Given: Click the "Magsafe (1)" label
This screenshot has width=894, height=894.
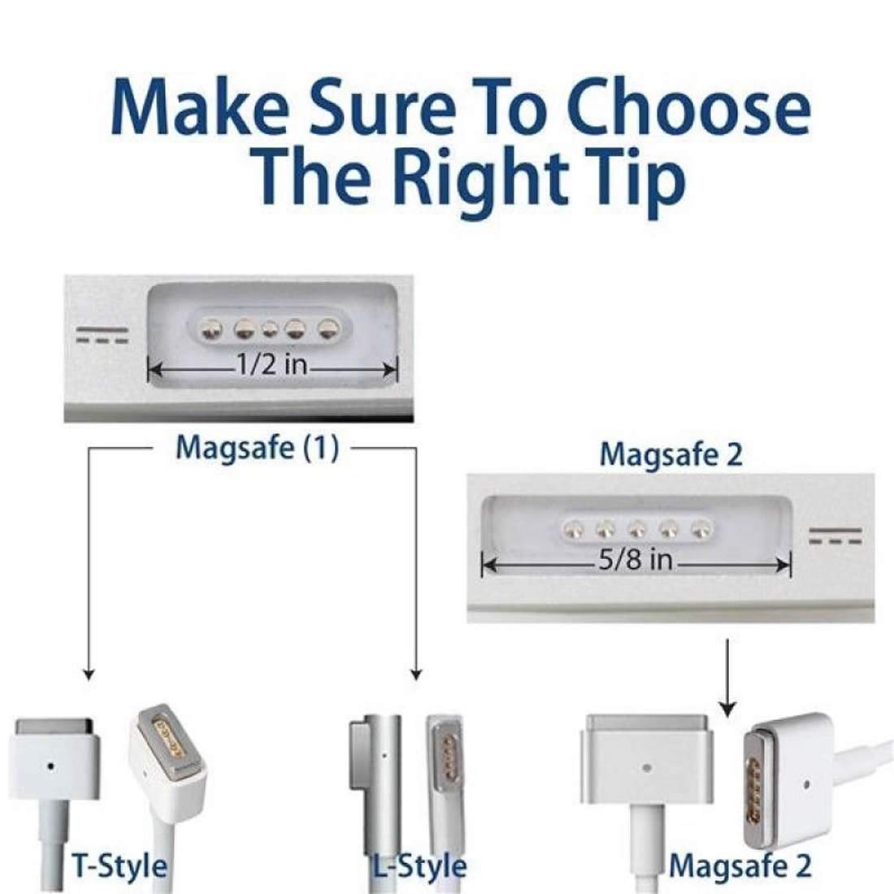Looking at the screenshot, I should pos(258,449).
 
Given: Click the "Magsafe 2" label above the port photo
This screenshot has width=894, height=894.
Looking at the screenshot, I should pos(670,455).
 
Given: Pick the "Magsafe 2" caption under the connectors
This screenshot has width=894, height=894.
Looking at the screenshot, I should pos(740,866).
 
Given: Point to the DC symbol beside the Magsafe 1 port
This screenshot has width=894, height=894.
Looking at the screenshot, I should pos(102,335).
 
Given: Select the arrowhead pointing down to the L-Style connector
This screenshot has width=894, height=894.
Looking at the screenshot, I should pos(417,672).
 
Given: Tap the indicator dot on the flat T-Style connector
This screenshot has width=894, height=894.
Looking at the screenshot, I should pos(51,766).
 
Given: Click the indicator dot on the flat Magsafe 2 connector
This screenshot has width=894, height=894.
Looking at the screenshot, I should pos(647,766).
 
